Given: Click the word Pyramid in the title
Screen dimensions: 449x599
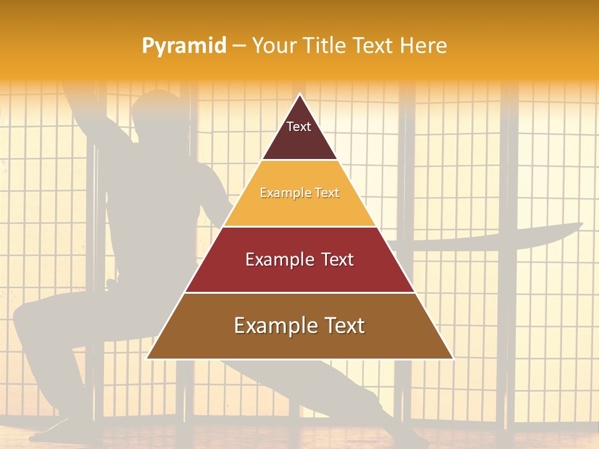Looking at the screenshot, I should (184, 46).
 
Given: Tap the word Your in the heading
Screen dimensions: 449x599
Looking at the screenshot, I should (273, 46).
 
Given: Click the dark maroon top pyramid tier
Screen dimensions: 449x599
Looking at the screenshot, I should (299, 140).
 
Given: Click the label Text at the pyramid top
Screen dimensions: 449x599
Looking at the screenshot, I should (298, 127).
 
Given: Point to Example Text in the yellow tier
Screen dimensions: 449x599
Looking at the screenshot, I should (299, 193).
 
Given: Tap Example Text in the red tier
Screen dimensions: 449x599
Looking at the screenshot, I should (299, 259).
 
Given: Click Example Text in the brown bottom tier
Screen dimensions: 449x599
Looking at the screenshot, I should (299, 326).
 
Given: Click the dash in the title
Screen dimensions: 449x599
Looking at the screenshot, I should (239, 46).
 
